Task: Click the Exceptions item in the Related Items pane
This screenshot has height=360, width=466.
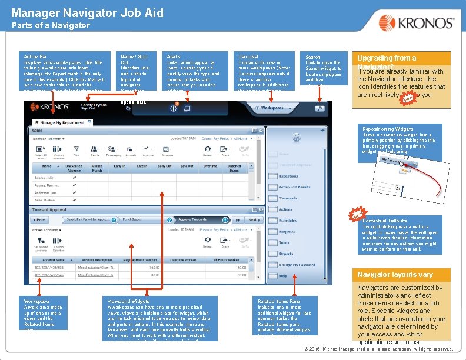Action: tap(288, 176)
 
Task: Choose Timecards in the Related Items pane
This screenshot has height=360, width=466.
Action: tap(288, 198)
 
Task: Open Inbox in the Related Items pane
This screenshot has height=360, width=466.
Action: tap(285, 242)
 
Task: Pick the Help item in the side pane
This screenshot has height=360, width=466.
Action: tap(284, 275)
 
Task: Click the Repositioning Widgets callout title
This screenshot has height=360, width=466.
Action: tap(388, 129)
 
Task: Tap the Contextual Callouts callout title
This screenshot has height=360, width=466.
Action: tap(385, 221)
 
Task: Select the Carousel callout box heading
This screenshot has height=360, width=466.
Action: tap(247, 57)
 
